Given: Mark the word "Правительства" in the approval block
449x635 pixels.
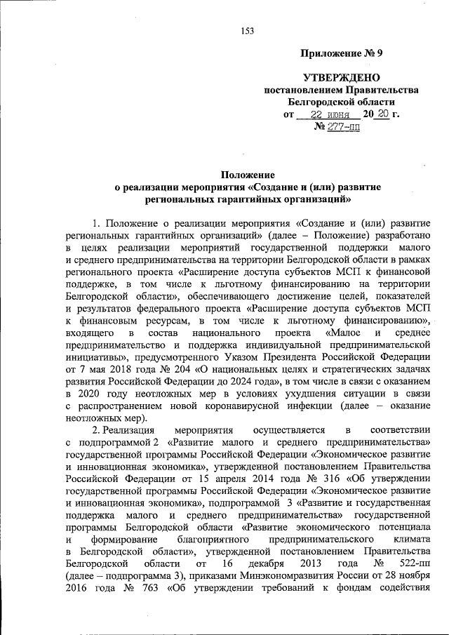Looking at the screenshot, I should click(385, 90).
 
